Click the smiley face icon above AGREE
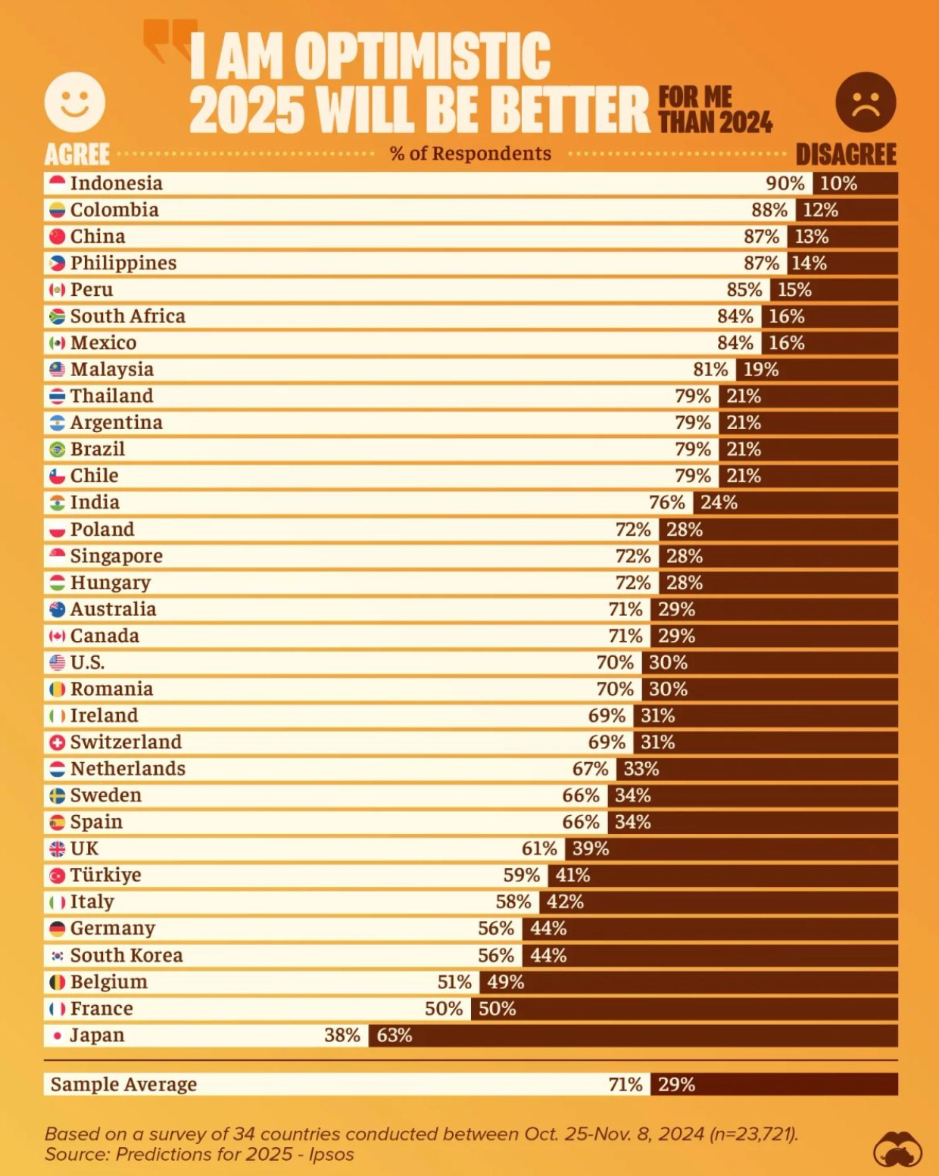point(74,102)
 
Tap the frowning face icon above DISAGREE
point(866,102)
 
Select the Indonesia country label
point(116,183)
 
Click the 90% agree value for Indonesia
point(785,183)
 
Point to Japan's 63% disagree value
point(395,1035)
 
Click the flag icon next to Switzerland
point(57,742)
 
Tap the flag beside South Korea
point(57,956)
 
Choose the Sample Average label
point(123,1084)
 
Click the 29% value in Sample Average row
point(676,1084)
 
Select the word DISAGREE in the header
point(846,154)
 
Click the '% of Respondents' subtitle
point(470,154)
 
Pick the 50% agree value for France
point(444,1009)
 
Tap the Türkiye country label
point(105,876)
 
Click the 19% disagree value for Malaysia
point(760,369)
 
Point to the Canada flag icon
point(57,636)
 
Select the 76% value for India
point(666,502)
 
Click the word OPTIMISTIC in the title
point(423,57)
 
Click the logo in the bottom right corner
point(897,1149)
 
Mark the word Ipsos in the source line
point(331,1154)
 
